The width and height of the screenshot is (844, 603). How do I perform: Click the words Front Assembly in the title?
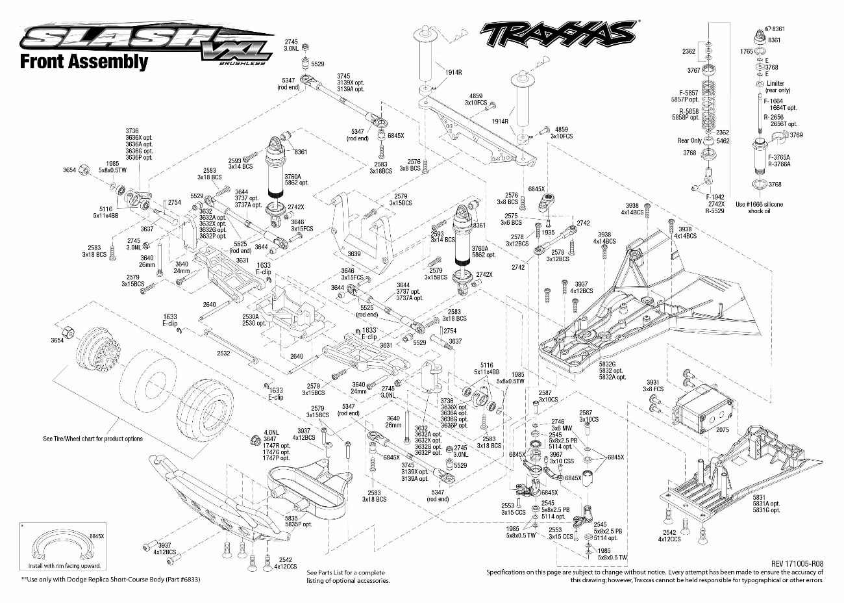tap(84, 62)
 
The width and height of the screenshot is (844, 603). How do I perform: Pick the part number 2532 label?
tap(223, 353)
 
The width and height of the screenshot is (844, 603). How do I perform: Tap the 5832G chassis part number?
tap(608, 365)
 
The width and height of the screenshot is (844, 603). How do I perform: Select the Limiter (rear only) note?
tap(775, 86)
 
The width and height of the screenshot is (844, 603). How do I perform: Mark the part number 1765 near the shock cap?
tap(747, 51)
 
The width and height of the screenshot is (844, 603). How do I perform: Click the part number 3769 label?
tap(796, 135)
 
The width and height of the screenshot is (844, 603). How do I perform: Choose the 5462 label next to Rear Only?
tap(723, 140)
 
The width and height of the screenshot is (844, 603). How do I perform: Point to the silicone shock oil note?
tap(759, 207)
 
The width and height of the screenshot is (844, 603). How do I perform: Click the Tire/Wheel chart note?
tap(93, 439)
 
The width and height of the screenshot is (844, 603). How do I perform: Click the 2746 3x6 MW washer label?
tap(558, 425)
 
